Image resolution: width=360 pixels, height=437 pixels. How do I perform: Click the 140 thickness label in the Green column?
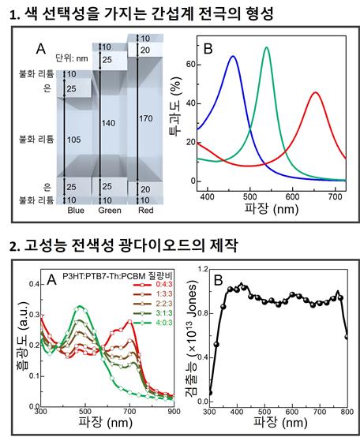[107, 124]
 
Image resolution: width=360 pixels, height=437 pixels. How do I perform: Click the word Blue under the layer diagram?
[76, 211]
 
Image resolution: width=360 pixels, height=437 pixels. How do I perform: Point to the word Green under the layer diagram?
[109, 211]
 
